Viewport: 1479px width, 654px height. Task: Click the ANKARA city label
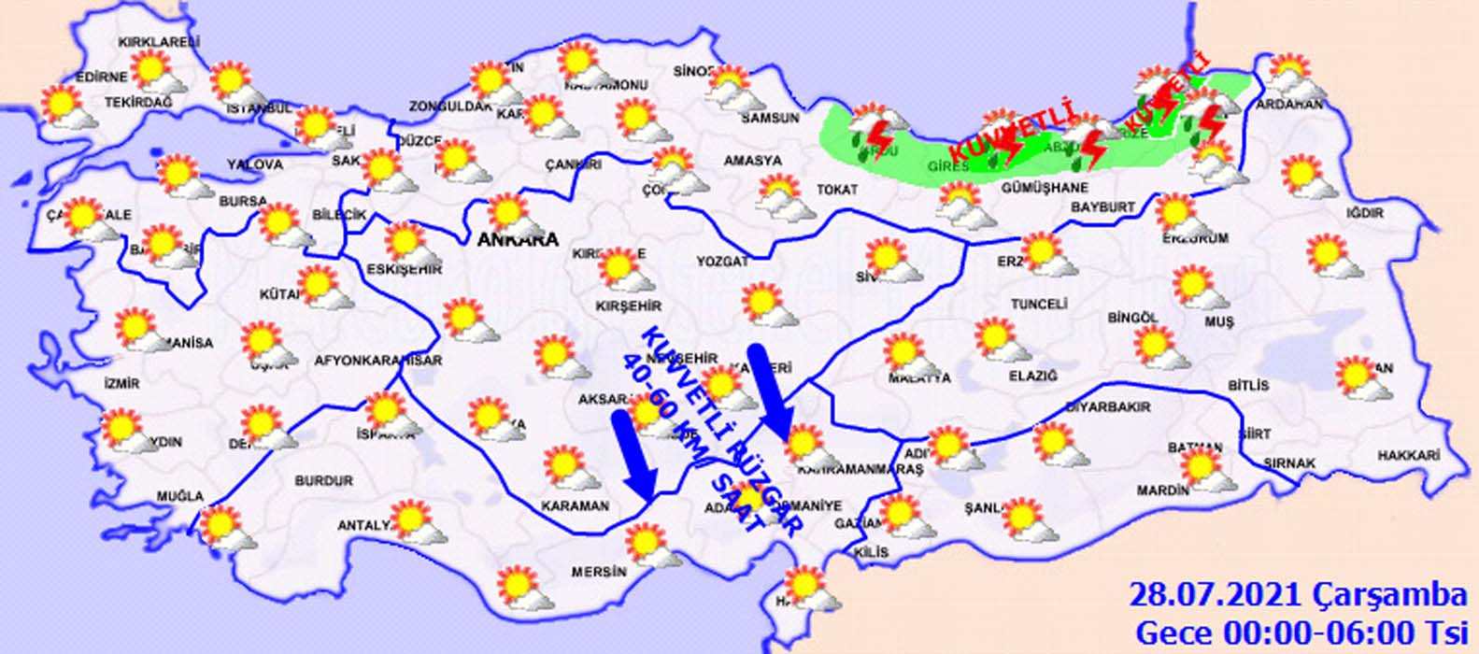tap(518, 240)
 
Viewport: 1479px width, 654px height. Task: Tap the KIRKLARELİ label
tap(158, 42)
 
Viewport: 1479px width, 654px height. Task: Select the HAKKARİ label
tap(1408, 455)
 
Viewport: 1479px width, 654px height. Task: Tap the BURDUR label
tap(324, 481)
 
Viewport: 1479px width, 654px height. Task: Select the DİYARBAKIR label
tap(1108, 407)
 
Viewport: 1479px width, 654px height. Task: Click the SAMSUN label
tap(770, 119)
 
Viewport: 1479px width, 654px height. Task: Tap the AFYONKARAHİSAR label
tap(378, 361)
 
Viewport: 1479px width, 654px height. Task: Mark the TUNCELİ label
tap(1039, 305)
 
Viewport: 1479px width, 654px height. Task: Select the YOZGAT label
tap(722, 263)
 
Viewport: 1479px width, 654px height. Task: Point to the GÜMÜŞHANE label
tap(1045, 188)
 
